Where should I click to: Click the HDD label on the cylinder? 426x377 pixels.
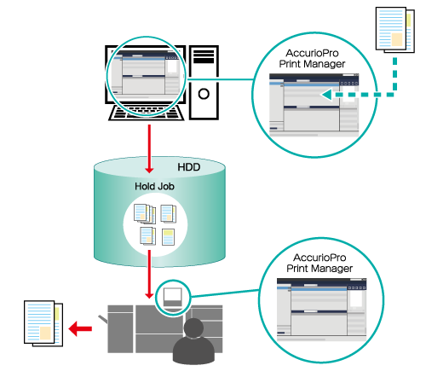point(189,167)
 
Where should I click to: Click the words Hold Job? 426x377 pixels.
point(154,187)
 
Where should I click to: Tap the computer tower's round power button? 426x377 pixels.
point(204,94)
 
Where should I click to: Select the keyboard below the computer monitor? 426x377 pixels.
point(147,113)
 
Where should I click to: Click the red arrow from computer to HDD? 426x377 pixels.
point(149,148)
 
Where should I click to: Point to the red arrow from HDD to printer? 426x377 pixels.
point(149,275)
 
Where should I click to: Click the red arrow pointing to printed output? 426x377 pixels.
point(80,328)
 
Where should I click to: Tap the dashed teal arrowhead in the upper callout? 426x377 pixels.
point(326,95)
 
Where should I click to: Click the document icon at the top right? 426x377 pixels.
point(395,30)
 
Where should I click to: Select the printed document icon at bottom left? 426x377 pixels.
point(43,323)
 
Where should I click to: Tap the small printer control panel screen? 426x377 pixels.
point(173,297)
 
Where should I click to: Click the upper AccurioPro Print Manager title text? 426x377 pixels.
point(312,59)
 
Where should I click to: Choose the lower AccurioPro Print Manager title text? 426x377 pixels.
point(319,263)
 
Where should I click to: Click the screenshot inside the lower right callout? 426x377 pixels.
point(322,310)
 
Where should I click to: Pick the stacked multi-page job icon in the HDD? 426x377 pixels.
point(145,213)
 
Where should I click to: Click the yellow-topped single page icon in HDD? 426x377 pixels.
point(168,237)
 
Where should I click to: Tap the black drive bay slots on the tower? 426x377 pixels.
point(204,56)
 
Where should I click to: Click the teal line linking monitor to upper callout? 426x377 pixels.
point(220,79)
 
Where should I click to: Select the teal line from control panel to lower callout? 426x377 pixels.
point(225,293)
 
